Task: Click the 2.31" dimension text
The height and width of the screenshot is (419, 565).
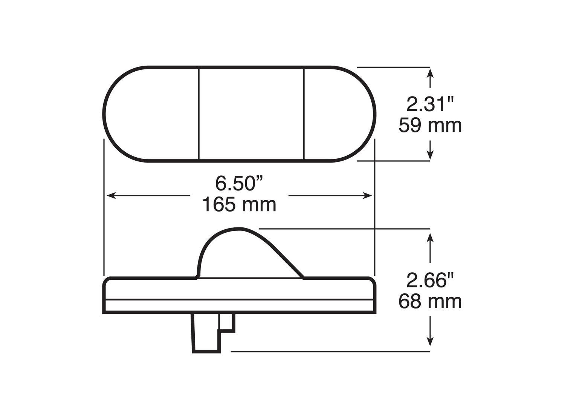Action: click(430, 104)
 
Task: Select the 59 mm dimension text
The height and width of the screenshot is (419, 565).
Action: click(430, 125)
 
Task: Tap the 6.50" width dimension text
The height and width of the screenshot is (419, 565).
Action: click(239, 183)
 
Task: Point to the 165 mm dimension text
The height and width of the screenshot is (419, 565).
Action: click(239, 204)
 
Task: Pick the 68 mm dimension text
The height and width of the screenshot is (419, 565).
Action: click(430, 301)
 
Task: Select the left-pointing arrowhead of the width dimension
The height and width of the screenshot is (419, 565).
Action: click(111, 196)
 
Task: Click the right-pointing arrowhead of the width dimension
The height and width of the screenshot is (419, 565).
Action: click(367, 196)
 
